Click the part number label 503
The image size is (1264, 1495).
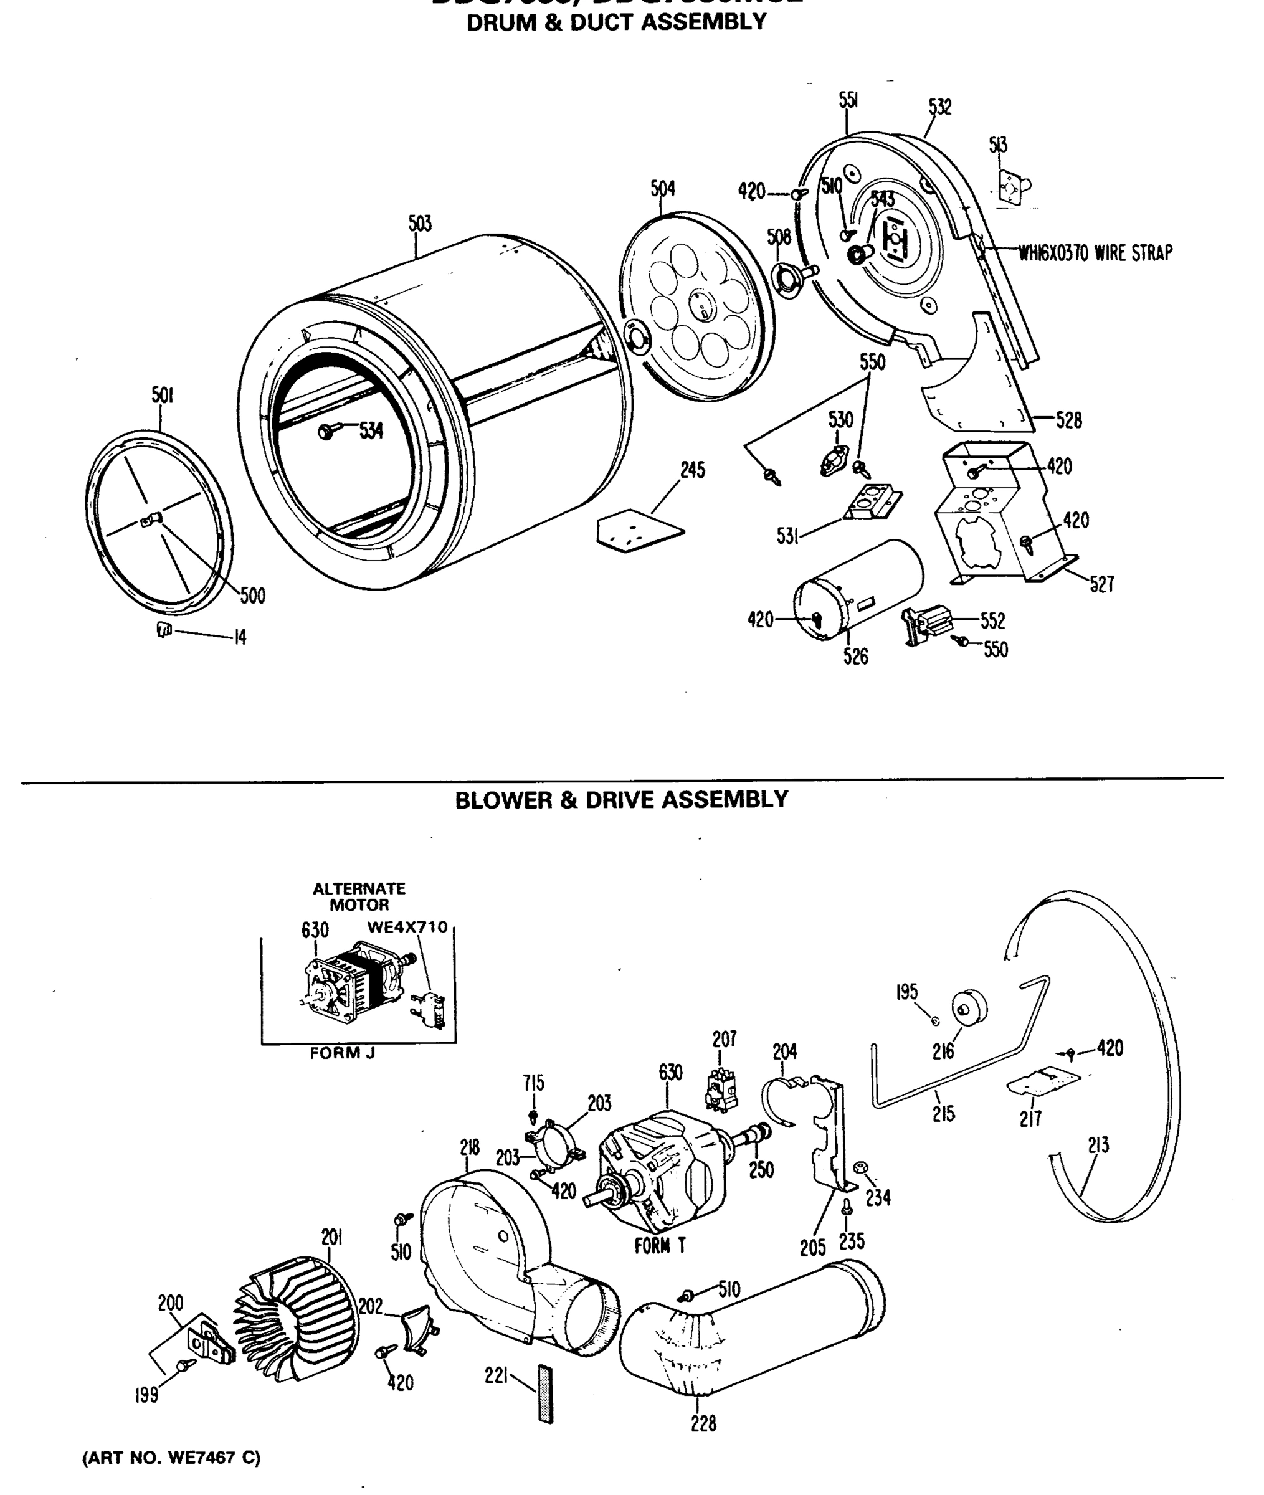[x=420, y=224]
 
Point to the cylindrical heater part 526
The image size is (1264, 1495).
[x=858, y=589]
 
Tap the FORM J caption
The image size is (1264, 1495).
[x=342, y=1053]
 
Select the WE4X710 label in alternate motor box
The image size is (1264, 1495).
[x=407, y=927]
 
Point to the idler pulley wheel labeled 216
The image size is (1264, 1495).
[x=969, y=1007]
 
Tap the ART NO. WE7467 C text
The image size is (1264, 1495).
[x=171, y=1457]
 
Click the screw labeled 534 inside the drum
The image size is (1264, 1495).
[x=326, y=431]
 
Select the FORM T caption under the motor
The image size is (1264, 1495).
[x=660, y=1246]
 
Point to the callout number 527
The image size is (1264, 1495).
[x=1101, y=584]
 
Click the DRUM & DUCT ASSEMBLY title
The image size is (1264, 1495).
[x=616, y=22]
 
